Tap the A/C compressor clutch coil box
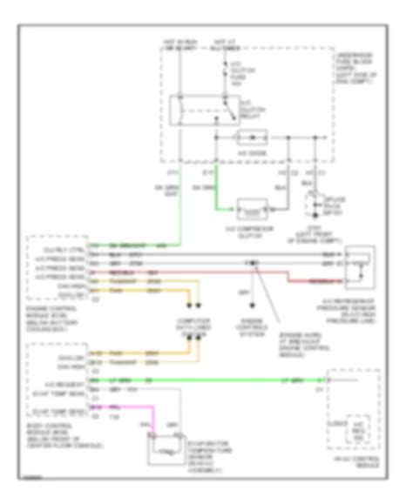click(251, 212)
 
